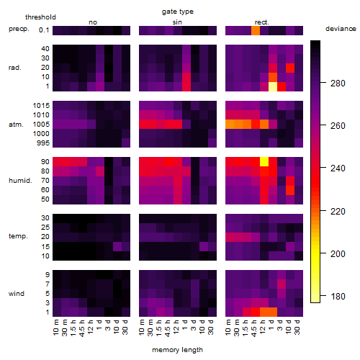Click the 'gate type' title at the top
[178, 12]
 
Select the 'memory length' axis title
[177, 350]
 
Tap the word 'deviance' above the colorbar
[341, 29]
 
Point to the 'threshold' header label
[40, 17]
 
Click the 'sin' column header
[177, 22]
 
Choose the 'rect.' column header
[261, 22]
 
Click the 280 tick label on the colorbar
[338, 84]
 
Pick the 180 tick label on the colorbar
[338, 297]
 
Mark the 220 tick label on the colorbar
[338, 212]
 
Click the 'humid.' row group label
[20, 181]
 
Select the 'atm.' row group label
[16, 125]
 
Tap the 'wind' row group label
[17, 294]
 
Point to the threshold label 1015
[41, 106]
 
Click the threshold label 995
[43, 143]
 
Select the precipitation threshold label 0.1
[44, 30]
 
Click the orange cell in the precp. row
[256, 30]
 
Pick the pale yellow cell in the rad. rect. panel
[273, 86]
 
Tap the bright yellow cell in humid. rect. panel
[264, 162]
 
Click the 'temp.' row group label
[18, 236]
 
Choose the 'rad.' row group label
[15, 68]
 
